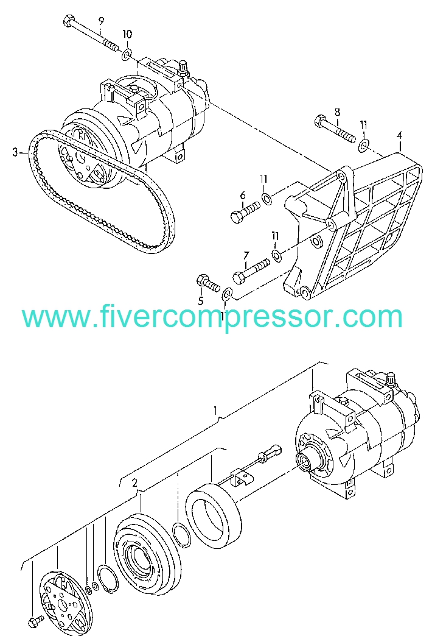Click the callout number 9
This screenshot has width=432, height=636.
pos(101,21)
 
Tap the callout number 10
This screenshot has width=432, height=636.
pos(127,34)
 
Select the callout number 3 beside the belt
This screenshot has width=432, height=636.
pos(15,152)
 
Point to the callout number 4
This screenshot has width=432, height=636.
pos(400,135)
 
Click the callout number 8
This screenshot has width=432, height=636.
pos(336,112)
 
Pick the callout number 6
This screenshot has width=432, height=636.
pos(243,196)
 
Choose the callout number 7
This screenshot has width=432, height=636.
pos(246,255)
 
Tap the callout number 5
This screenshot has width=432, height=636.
pos(201,300)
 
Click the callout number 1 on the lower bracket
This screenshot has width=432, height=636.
pos(216,411)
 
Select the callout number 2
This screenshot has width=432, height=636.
pos(134,482)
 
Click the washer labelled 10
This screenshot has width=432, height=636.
pos(127,54)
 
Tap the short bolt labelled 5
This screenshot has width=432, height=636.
pos(208,282)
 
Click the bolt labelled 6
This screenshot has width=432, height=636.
pos(245,212)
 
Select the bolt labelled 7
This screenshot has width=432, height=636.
pos(251,270)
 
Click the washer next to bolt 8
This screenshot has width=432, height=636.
pos(363,145)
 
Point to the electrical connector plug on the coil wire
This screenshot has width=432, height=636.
pos(274,450)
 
